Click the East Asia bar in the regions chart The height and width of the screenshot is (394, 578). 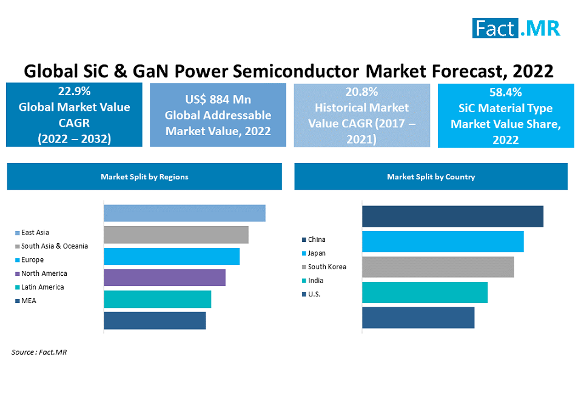pos(184,213)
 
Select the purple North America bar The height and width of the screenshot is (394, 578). pos(164,278)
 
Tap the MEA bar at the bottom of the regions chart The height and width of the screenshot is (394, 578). pos(155,321)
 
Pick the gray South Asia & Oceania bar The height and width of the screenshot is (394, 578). pos(176,235)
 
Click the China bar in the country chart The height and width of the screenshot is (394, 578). pos(452,216)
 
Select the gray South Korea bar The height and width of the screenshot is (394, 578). pos(438,267)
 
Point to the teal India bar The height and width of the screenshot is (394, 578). pos(425,292)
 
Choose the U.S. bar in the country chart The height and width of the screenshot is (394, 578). pos(418,318)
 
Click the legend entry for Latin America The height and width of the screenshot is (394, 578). pos(42,287)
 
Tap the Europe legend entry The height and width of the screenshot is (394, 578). pos(32,260)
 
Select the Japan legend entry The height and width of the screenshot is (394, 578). pos(316,253)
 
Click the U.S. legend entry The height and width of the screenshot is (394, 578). pos(314,294)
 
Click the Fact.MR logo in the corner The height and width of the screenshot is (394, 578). pos(516,28)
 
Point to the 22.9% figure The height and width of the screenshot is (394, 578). pos(74,92)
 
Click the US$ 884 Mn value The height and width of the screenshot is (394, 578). pos(218,99)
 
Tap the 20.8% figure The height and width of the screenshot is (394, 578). pos(362,92)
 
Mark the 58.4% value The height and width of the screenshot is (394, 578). pos(505,93)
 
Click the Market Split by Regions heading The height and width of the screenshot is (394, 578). pos(144,177)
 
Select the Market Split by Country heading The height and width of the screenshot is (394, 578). pos(431,177)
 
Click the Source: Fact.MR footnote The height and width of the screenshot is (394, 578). pos(39,352)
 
